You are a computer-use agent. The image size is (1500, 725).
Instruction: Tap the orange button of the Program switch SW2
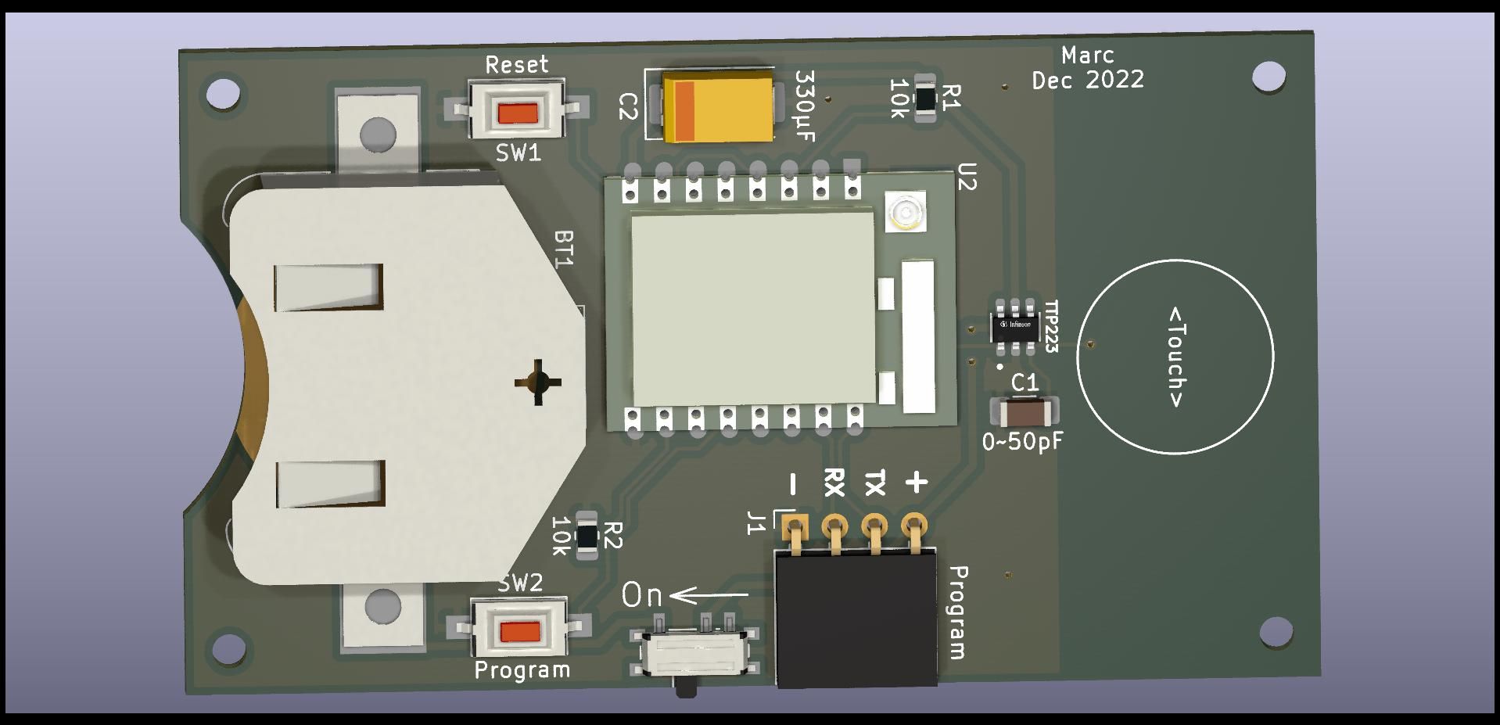click(520, 631)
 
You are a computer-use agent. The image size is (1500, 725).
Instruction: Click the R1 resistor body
click(924, 99)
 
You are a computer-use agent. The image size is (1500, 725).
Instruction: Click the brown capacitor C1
click(1025, 412)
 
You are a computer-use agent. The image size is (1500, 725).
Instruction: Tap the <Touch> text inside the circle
click(1175, 357)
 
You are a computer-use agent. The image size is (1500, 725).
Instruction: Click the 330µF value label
click(805, 106)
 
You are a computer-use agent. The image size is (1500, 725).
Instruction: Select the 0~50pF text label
click(1023, 442)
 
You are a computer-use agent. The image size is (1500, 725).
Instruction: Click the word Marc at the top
click(1088, 56)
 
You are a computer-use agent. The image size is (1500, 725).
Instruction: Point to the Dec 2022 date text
click(1088, 80)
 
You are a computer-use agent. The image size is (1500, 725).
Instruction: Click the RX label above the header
click(834, 482)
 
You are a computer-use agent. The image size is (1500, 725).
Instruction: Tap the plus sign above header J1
click(916, 483)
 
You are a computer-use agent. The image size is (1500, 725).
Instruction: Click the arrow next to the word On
click(709, 597)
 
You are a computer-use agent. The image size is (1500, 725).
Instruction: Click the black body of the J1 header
click(856, 617)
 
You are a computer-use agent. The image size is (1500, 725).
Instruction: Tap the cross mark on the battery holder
click(538, 382)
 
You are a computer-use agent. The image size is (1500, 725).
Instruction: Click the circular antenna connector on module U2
click(906, 213)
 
